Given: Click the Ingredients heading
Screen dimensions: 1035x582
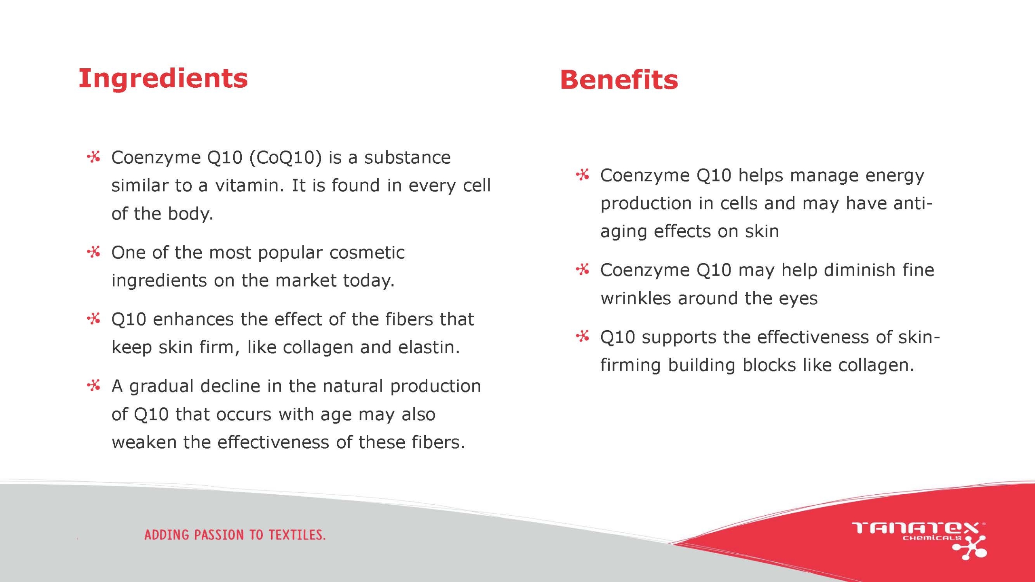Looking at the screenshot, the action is (163, 79).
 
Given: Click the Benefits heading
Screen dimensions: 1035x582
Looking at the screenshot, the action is (619, 79).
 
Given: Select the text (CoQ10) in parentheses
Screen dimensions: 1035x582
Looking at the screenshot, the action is (285, 158).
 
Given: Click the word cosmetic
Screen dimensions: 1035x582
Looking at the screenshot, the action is (367, 253).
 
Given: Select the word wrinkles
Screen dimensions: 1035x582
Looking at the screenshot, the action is (636, 298).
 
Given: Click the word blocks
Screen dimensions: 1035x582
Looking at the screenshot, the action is (769, 365).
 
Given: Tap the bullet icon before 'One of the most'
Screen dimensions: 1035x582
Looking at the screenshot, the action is (94, 252).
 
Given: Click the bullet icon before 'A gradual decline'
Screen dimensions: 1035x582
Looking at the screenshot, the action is (94, 385).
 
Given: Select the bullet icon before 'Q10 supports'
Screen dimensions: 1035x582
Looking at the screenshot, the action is (583, 336).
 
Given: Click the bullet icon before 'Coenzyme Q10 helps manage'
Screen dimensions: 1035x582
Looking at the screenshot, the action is (583, 175).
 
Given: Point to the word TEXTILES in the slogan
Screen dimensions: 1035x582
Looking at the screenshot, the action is (297, 535).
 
